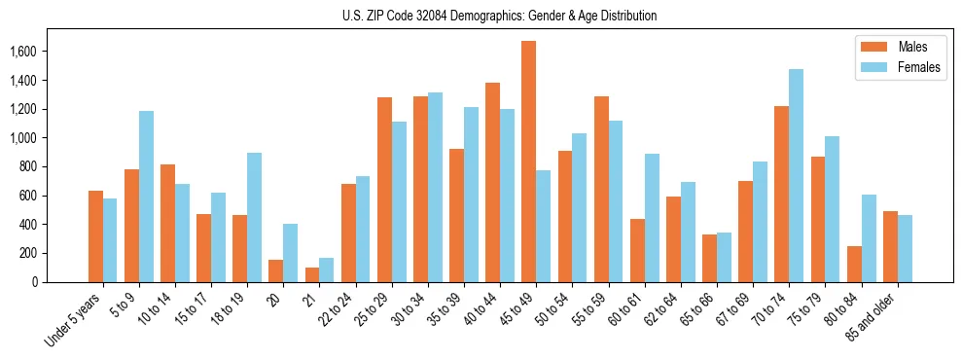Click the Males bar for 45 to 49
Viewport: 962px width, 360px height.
[528, 162]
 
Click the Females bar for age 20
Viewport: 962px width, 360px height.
[290, 253]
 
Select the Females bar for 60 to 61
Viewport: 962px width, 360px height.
[652, 218]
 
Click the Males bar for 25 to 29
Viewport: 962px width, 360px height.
[384, 190]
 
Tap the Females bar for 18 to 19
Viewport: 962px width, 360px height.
[254, 217]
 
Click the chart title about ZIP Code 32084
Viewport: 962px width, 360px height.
[500, 16]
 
